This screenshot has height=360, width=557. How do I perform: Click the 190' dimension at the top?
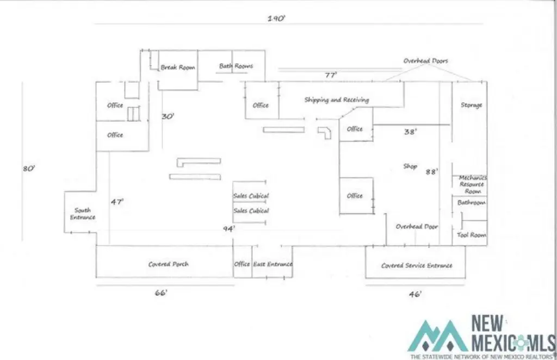[276, 18]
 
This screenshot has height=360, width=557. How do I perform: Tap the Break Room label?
[178, 67]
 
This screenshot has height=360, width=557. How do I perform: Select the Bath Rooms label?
[236, 66]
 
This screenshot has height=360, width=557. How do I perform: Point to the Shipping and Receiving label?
[336, 100]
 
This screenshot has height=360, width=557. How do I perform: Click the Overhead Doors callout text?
[425, 61]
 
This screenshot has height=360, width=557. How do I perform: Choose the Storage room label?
[472, 105]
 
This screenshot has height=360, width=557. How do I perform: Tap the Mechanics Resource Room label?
[473, 184]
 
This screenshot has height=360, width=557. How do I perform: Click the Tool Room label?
[471, 235]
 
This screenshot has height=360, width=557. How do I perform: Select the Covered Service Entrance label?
[417, 265]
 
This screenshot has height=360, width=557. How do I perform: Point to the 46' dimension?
[415, 294]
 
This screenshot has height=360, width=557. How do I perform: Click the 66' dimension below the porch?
[161, 293]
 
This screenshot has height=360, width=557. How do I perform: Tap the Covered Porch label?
[169, 264]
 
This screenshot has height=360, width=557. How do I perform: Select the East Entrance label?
[273, 264]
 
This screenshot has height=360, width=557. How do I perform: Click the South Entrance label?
[83, 214]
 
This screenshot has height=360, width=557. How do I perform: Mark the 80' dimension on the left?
[29, 168]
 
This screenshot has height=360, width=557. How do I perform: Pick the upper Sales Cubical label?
[251, 196]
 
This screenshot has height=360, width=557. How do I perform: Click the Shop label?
[410, 166]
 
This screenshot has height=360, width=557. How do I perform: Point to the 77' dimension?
[331, 75]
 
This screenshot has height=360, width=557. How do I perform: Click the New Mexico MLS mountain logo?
[438, 336]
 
